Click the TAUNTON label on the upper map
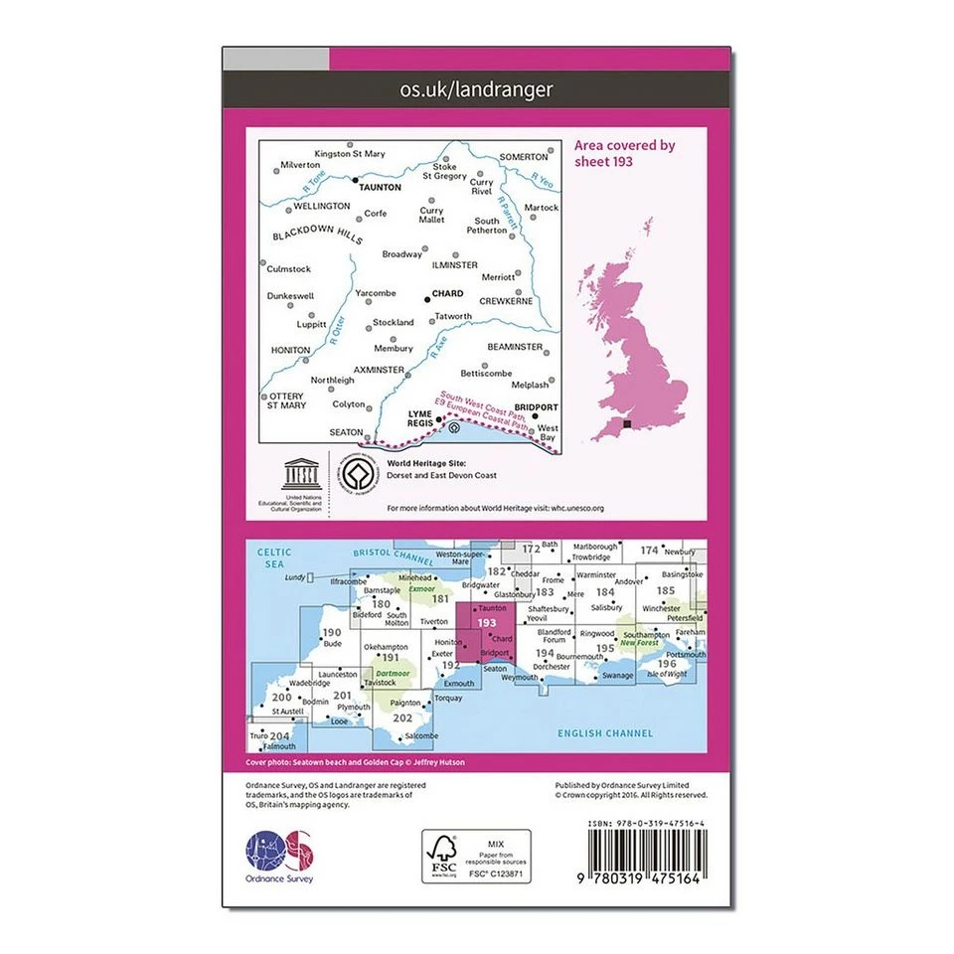pyautogui.click(x=381, y=187)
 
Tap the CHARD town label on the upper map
pyautogui.click(x=447, y=294)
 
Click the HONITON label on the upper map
pyautogui.click(x=291, y=350)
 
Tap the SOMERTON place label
pyautogui.click(x=524, y=157)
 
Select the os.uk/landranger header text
pyautogui.click(x=476, y=89)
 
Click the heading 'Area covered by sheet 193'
pyautogui.click(x=624, y=153)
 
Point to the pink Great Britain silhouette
pyautogui.click(x=636, y=328)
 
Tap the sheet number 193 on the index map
pyautogui.click(x=486, y=623)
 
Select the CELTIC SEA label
pyautogui.click(x=270, y=557)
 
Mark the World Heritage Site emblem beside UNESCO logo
pyautogui.click(x=357, y=474)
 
